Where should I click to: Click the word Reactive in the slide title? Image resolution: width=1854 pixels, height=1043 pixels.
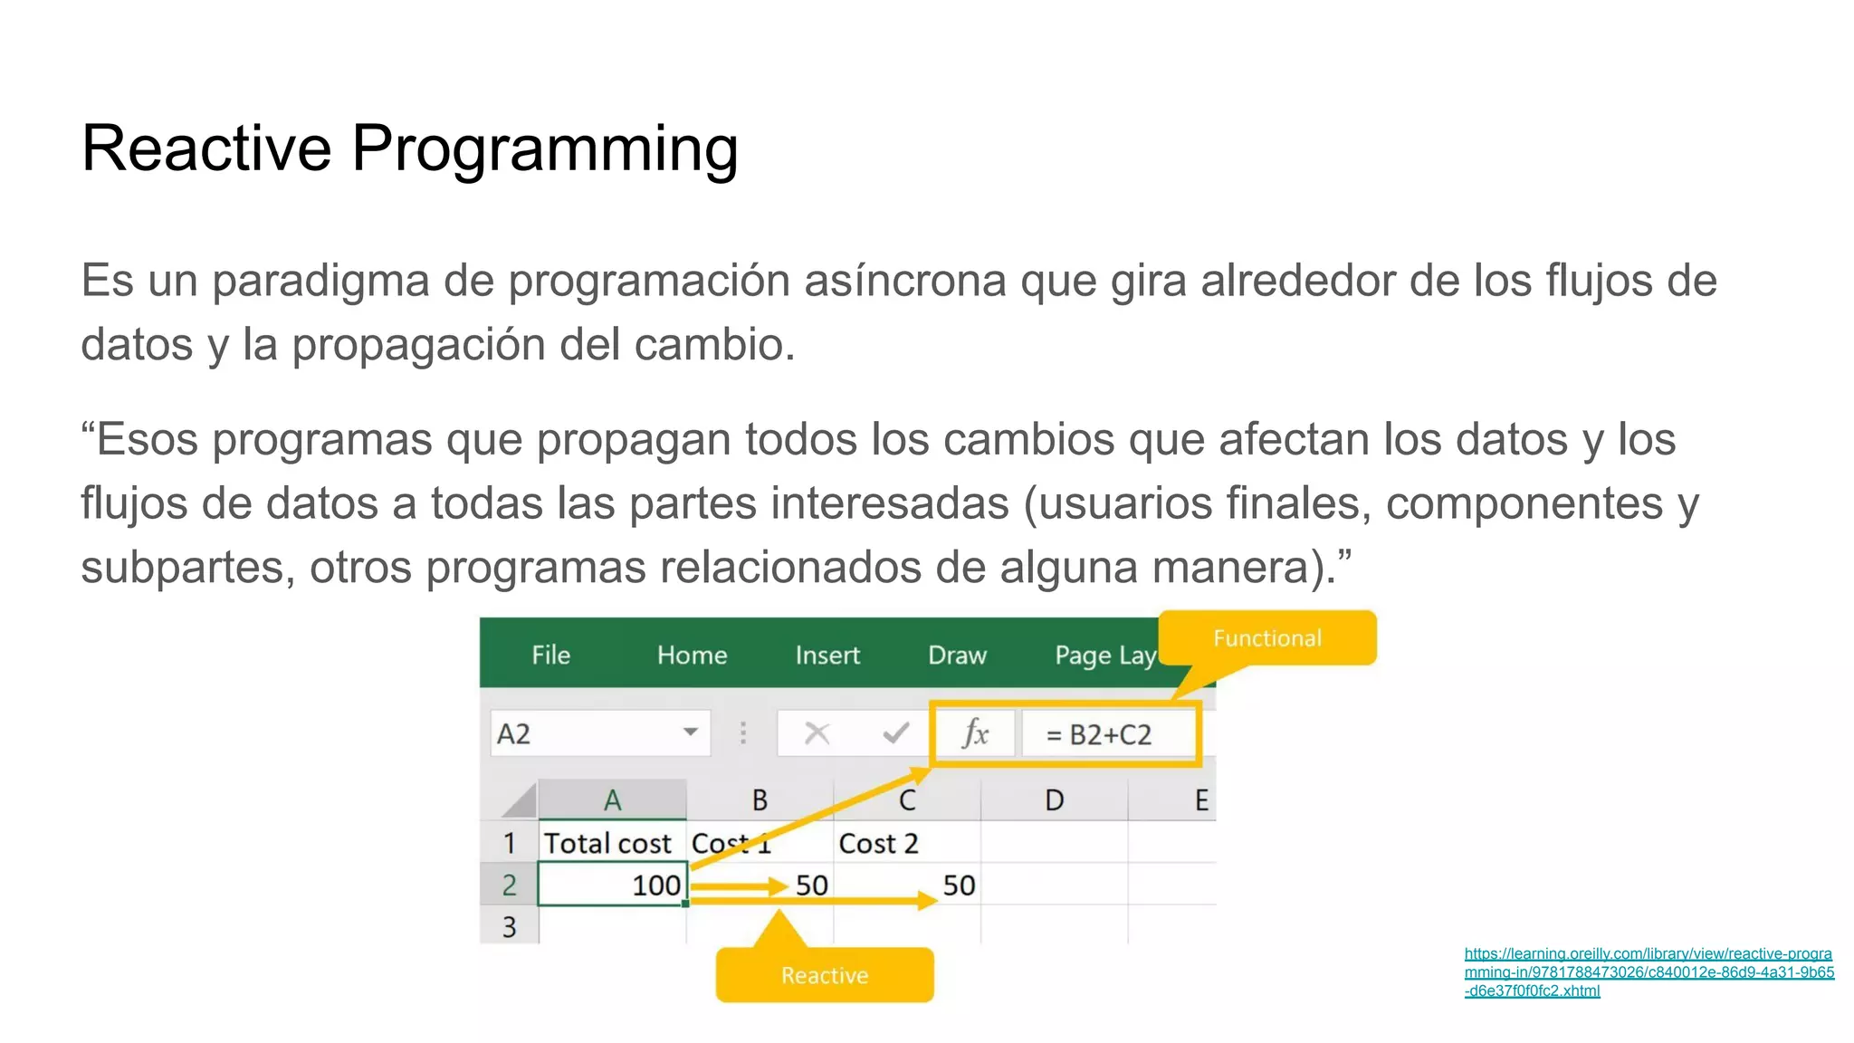tap(206, 148)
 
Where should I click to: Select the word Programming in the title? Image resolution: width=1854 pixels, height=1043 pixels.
tap(545, 149)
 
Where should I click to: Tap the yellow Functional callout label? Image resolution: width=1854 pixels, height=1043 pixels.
tap(1266, 638)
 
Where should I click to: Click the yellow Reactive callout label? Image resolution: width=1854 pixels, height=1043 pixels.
tap(824, 975)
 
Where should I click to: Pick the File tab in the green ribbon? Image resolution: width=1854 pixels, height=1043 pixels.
tap(550, 655)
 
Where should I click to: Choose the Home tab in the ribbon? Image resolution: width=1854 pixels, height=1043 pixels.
tap(692, 655)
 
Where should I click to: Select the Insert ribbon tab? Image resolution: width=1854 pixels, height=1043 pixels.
tap(827, 655)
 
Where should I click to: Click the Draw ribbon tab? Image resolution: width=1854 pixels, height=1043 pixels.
tap(957, 655)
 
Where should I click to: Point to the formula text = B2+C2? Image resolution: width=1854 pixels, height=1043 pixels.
tap(1099, 734)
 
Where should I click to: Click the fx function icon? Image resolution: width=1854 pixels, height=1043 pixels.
tap(975, 733)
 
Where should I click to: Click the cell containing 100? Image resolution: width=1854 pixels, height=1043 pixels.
tap(613, 885)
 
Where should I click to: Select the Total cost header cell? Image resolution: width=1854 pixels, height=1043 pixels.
tap(607, 843)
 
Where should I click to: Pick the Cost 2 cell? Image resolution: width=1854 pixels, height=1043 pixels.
tap(878, 843)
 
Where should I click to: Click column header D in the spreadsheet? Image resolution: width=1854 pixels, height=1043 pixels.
tap(1054, 800)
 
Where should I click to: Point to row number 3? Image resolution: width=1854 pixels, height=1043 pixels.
tap(509, 926)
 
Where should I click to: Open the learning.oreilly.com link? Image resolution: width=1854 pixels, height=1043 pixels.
tap(1648, 971)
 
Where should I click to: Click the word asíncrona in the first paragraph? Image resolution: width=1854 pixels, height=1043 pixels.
tap(904, 281)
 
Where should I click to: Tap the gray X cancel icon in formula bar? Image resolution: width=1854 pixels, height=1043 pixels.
tap(817, 733)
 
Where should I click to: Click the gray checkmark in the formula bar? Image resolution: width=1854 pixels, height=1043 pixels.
tap(895, 733)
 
